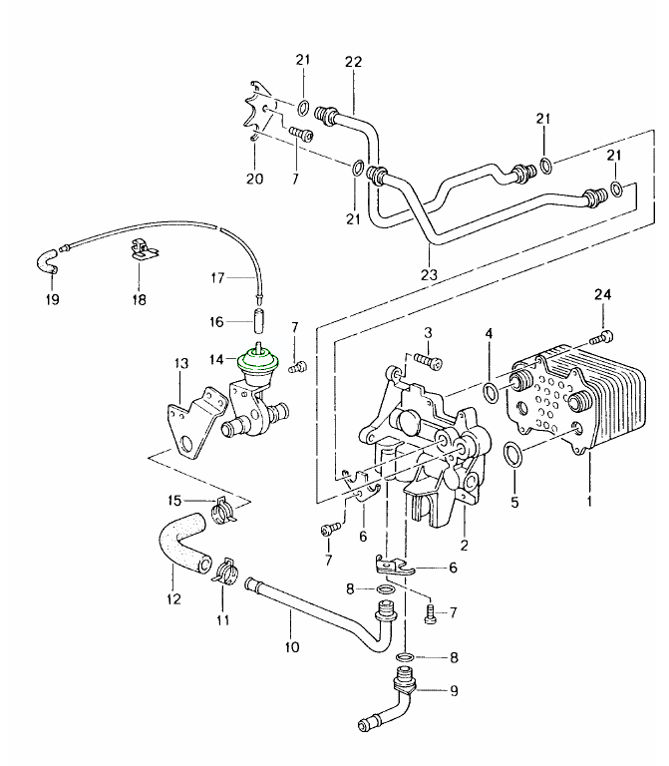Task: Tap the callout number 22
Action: pos(352,62)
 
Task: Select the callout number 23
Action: pos(429,275)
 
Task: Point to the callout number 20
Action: pos(255,180)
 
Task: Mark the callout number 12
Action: pos(174,598)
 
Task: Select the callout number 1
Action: pos(588,503)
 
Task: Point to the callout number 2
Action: pos(464,546)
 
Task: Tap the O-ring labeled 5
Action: pos(510,456)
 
